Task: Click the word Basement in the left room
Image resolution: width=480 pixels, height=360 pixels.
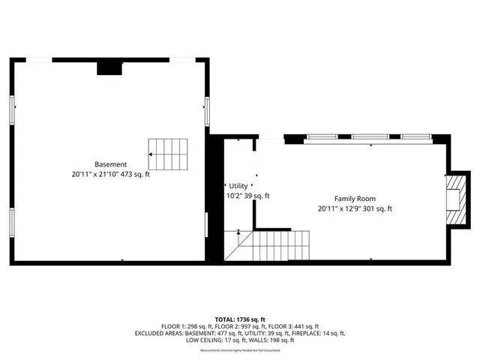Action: pos(110,164)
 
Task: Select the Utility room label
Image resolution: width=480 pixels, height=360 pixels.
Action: pos(238,186)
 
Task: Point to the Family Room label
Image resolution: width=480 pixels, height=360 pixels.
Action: pos(355,199)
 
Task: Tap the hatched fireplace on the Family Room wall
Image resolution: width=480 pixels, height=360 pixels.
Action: pos(455,199)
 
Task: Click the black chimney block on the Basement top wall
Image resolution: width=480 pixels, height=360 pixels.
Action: pos(109,67)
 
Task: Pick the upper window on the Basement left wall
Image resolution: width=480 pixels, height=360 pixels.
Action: pos(11,112)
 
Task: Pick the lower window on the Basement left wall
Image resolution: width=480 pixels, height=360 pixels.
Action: pos(11,223)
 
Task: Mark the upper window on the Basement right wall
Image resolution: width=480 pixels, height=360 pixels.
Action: pos(207,111)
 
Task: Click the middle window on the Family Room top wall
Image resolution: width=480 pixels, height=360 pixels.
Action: pos(370,137)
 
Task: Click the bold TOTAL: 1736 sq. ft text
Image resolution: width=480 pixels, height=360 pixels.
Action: pos(240,319)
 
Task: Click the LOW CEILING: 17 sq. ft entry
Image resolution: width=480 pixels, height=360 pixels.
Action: pos(212,340)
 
